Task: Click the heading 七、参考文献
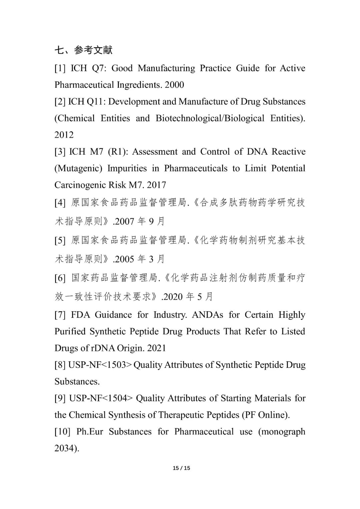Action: coord(84,50)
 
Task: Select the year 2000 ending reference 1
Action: coord(174,85)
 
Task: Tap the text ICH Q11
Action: coord(86,102)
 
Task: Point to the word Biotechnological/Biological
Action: coord(210,118)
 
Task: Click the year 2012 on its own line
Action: coord(64,135)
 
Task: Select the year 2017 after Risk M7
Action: coord(156,185)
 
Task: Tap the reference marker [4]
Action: coord(60,203)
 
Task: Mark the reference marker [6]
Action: coord(60,278)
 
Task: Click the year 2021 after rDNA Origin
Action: coord(156,348)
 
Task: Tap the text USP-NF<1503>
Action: coord(99,365)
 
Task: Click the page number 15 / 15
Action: coord(181,468)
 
